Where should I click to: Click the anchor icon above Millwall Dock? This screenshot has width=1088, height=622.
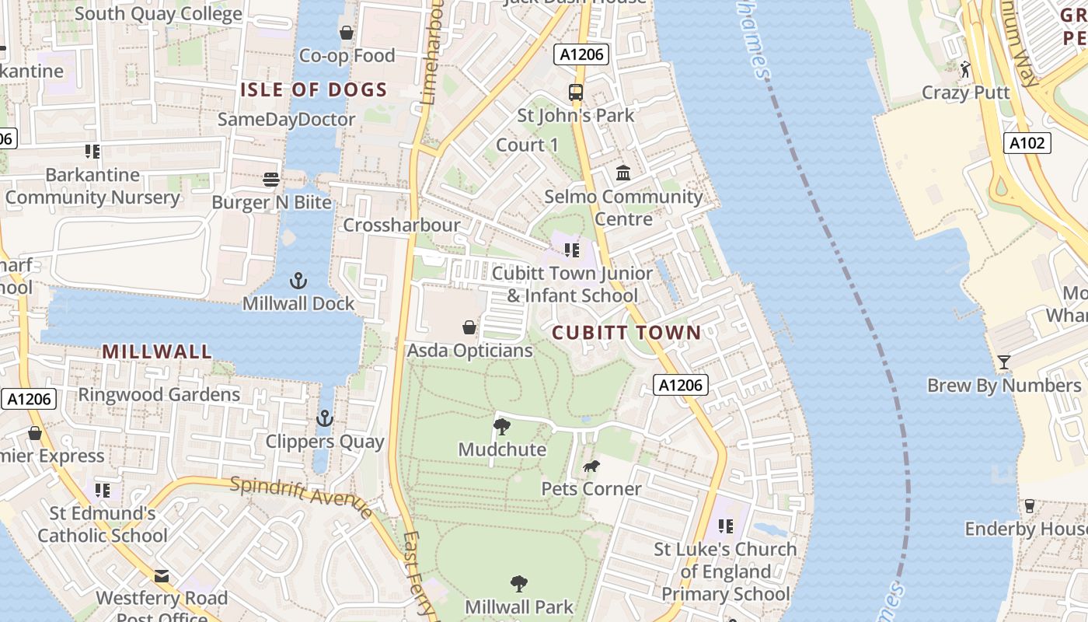[298, 281]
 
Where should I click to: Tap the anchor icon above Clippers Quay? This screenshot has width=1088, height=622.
[324, 419]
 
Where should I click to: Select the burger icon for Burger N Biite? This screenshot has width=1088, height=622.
[271, 180]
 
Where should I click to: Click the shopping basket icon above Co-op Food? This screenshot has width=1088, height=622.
[347, 33]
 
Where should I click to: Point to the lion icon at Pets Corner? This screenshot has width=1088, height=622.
[591, 466]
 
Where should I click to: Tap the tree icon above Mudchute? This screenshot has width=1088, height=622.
[502, 426]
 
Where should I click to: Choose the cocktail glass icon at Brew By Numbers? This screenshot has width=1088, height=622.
[1003, 362]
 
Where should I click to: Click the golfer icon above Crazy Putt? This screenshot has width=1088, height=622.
[965, 70]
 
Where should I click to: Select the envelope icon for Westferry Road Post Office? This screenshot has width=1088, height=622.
[162, 576]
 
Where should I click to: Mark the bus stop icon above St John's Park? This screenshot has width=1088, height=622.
[576, 93]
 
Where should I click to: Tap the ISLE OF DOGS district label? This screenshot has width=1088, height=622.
[313, 90]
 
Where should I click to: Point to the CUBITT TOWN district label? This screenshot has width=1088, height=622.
[626, 333]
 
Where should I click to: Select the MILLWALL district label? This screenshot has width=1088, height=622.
[157, 351]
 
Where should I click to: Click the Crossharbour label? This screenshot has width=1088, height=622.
[402, 225]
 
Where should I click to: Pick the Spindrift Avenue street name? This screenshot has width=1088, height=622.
[301, 496]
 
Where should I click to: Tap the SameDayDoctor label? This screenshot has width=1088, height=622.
[286, 120]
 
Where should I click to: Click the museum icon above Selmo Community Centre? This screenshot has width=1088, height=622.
[623, 173]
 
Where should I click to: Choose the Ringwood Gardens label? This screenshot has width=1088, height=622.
[159, 395]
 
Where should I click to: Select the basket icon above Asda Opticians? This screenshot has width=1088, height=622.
[469, 327]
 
